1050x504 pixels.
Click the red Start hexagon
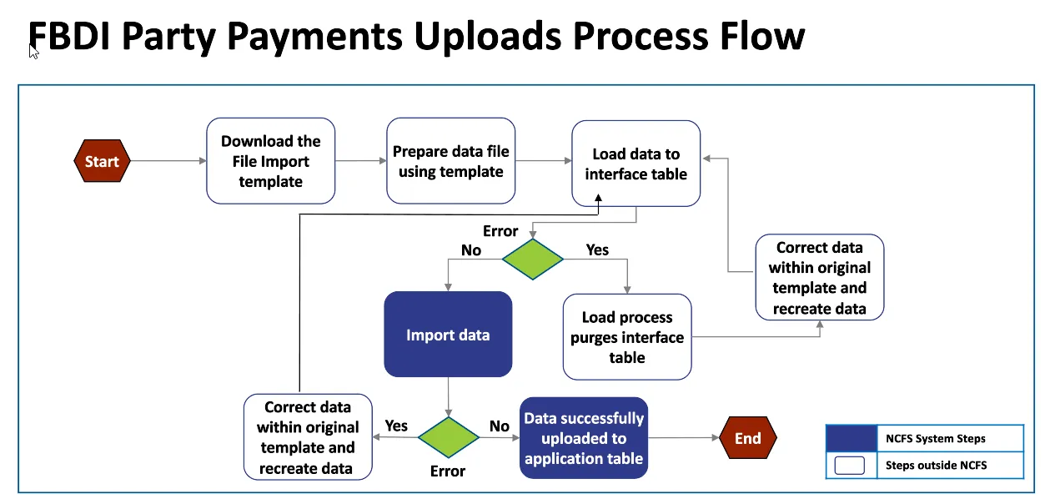tap(102, 162)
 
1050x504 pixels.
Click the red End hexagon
tap(747, 438)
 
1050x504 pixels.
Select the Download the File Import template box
tap(270, 161)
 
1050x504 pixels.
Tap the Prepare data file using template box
tap(450, 161)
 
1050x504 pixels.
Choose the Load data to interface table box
tap(636, 164)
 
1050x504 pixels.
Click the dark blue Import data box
tap(448, 335)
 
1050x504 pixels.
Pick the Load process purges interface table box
tap(627, 337)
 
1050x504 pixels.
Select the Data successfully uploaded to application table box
tap(584, 438)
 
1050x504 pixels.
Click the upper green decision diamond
tap(533, 259)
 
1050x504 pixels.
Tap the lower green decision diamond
tap(449, 438)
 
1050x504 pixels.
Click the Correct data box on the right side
tap(819, 277)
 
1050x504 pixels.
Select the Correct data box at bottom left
tap(307, 437)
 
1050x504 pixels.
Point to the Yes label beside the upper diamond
tap(597, 249)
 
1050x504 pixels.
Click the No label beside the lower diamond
tap(499, 426)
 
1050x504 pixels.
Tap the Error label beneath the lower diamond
tap(447, 471)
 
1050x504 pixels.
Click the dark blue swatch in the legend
tap(850, 438)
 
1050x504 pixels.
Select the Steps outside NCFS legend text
tap(936, 465)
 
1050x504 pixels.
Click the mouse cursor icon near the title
tap(33, 52)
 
